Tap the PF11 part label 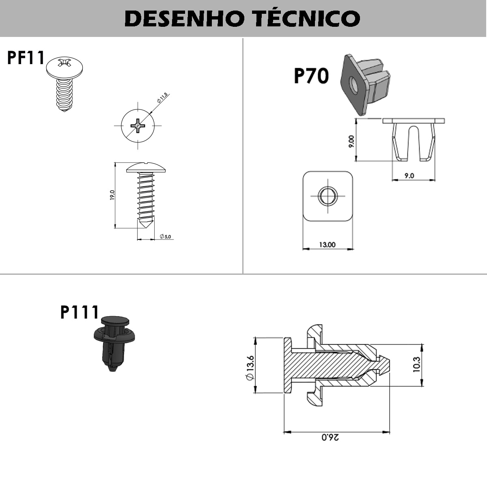pyautogui.click(x=26, y=58)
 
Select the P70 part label pyautogui.click(x=311, y=76)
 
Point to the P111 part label pyautogui.click(x=80, y=312)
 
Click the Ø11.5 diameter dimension pyautogui.click(x=162, y=98)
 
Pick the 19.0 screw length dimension pyautogui.click(x=112, y=195)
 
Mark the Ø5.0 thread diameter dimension pyautogui.click(x=166, y=236)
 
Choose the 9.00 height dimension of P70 pyautogui.click(x=351, y=141)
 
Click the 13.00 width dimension pyautogui.click(x=327, y=244)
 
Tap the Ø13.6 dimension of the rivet pyautogui.click(x=249, y=368)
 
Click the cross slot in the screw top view pyautogui.click(x=138, y=125)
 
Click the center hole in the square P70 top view pyautogui.click(x=327, y=196)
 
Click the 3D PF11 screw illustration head pyautogui.click(x=65, y=67)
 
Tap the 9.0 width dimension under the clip pyautogui.click(x=409, y=176)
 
